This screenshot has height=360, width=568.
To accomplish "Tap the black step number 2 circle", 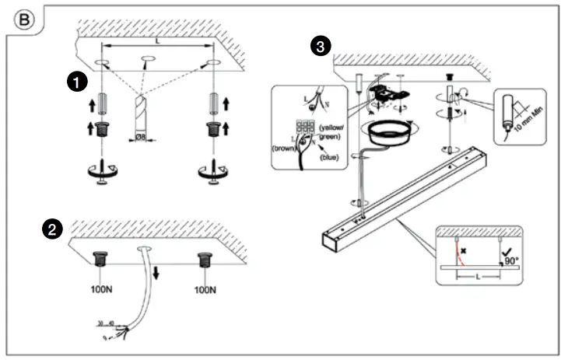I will pos(51,229).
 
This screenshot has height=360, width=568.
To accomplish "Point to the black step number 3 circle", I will pos(318,47).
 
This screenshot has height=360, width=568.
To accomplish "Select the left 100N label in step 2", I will pos(101,290).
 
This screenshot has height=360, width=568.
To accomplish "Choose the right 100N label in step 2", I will pos(206,290).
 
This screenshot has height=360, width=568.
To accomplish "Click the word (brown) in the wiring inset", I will pos(282,146).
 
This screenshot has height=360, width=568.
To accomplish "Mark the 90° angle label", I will pos(511,261).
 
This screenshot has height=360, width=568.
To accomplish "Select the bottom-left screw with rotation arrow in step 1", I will pos(101,173).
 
